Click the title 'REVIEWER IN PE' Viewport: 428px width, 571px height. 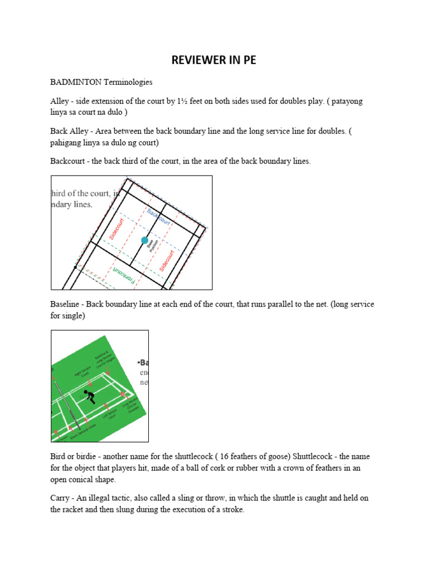tap(214, 60)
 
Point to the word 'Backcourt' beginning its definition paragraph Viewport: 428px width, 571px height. tap(69, 161)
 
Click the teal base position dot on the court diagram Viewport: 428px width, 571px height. tap(145, 240)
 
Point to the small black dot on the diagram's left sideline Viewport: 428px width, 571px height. tap(75, 268)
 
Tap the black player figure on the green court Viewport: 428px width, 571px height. tap(89, 396)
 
